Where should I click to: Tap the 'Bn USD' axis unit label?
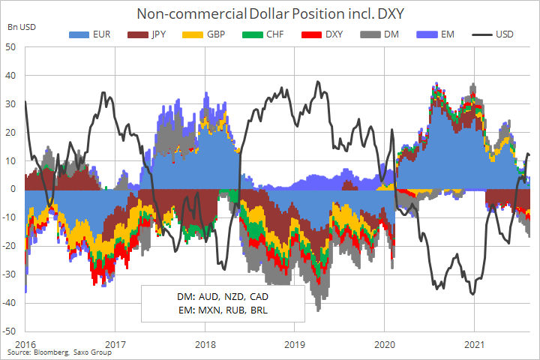tap(21, 27)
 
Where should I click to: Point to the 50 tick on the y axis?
tap(11, 47)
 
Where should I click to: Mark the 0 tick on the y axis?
tap(14, 189)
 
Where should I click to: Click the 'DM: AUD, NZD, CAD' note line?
tap(223, 296)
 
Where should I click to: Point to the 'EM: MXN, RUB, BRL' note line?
tap(223, 310)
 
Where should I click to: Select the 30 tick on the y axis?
tap(11, 103)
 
